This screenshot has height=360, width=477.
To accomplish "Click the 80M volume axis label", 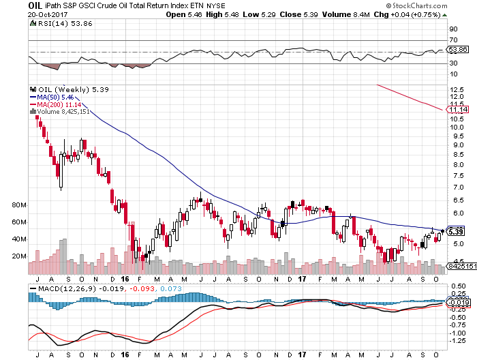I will point(18,204).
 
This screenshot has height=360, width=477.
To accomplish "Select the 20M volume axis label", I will point(18,256).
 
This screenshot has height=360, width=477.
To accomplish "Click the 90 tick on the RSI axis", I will point(452,30).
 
